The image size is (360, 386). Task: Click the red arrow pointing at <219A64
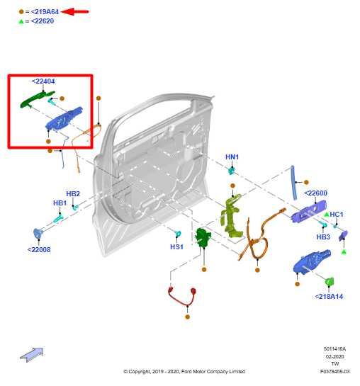point(77,11)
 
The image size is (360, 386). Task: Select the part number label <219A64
point(43,11)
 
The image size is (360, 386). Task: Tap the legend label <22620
point(40,21)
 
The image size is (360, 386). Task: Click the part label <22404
point(43,81)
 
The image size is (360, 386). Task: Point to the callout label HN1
point(232,157)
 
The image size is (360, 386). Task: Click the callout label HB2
point(73,193)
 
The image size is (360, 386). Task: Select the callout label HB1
point(60,203)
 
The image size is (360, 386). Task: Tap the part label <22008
point(39,249)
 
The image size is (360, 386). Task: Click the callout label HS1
point(176,247)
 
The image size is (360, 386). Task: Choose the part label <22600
point(315,193)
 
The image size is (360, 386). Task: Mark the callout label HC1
point(336,214)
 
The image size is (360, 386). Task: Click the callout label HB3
point(323,237)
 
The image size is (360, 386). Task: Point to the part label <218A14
point(329,296)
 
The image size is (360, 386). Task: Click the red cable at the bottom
point(181,297)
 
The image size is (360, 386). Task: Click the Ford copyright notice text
point(184,371)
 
